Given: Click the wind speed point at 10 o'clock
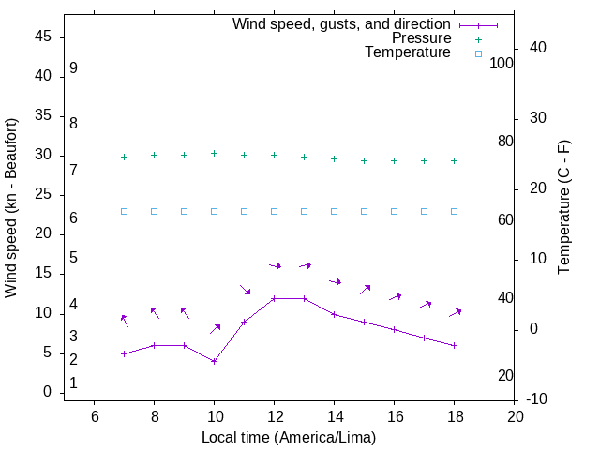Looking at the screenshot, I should pos(214,361).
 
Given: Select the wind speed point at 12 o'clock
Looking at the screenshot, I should pos(274,298).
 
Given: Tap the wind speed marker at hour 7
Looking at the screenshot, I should pos(124,353).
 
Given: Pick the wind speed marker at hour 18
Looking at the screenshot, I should pos(454,345).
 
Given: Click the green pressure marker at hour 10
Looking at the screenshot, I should pos(214,153).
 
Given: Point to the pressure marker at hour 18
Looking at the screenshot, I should pos(454,160).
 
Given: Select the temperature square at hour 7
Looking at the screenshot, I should pos(124,211).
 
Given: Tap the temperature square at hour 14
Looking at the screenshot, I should pos(334,211).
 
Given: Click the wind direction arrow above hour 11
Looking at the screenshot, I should pos(245,290).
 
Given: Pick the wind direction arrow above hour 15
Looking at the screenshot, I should pos(365,290).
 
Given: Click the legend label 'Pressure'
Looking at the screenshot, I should pos(421,38).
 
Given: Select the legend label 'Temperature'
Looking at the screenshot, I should pos(408,53).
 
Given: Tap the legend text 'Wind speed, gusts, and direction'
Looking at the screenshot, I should pos(342,23).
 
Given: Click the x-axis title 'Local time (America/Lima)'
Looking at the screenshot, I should pos(289,437).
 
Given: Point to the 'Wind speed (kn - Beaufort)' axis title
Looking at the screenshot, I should pos(11,208).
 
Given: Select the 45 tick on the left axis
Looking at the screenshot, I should pos(43,37).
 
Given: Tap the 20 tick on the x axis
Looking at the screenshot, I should pos(514,416).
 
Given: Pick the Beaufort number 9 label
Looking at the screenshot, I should pos(73,68).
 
